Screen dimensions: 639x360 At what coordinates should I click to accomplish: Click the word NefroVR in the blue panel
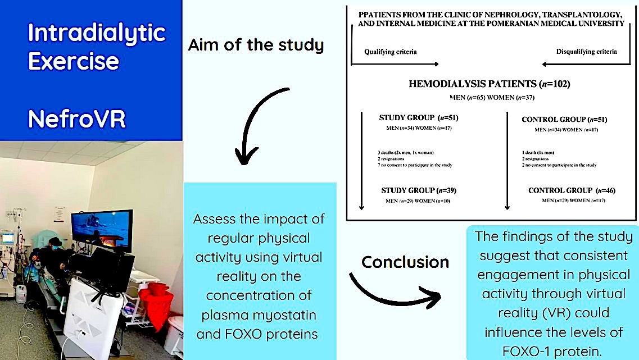[x=76, y=119]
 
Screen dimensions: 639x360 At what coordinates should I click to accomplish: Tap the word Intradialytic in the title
[x=97, y=33]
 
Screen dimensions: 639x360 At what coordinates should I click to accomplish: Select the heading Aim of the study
[x=256, y=45]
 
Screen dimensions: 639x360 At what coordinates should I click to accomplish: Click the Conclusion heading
[x=405, y=262]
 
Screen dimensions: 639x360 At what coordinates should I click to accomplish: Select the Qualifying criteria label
[x=391, y=52]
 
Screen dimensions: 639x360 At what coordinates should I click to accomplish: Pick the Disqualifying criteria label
[x=586, y=51]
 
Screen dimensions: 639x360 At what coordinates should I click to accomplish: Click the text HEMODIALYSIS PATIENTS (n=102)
[x=490, y=84]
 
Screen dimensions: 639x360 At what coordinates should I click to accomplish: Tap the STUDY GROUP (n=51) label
[x=419, y=118]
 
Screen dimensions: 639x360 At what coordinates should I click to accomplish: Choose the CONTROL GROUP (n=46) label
[x=572, y=190]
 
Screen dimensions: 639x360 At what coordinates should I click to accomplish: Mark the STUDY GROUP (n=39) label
[x=419, y=190]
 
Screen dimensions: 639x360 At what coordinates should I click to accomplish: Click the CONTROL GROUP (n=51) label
[x=564, y=119]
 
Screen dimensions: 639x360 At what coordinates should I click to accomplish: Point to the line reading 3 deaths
[x=406, y=153]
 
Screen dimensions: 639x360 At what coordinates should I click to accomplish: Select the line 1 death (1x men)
[x=538, y=153]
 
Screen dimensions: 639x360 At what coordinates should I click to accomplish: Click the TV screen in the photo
[x=102, y=230]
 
